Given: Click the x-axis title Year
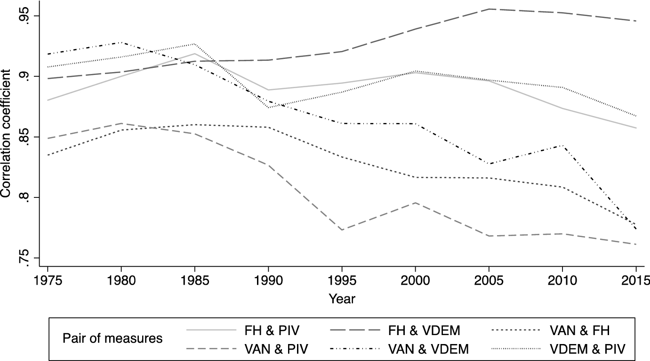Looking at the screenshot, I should (342, 299).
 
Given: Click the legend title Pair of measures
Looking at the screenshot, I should (112, 338).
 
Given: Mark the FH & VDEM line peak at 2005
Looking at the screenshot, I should (489, 9).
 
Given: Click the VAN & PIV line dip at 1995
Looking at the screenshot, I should (342, 230).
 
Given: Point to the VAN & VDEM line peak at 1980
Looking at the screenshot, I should (121, 42).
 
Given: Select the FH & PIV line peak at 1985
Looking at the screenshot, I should (195, 54).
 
